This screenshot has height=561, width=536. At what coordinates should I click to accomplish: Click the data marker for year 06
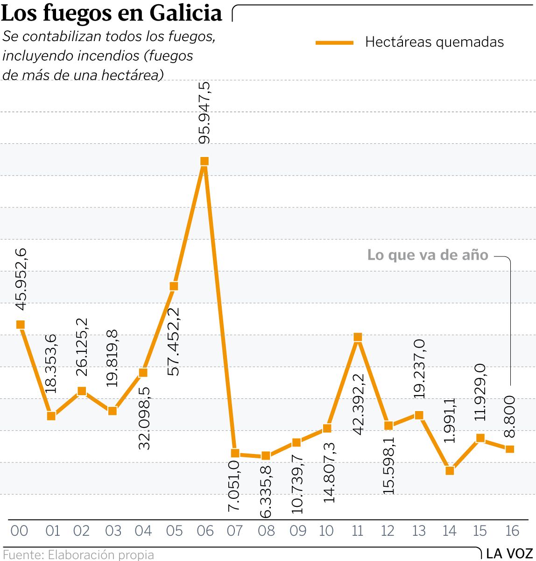tap(204, 161)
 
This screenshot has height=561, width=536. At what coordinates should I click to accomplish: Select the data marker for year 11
tap(358, 337)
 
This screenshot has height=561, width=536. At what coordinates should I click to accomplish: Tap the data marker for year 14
tap(450, 470)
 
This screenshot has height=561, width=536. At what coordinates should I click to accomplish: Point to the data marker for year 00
tap(20, 325)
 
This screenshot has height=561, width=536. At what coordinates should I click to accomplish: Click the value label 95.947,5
tap(205, 113)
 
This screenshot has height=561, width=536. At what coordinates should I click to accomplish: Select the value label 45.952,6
tap(21, 279)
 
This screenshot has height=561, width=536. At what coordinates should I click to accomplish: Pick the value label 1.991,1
tap(450, 420)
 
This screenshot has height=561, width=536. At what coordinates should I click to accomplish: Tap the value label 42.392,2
tap(358, 404)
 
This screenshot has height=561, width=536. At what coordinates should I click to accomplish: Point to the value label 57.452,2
tap(174, 341)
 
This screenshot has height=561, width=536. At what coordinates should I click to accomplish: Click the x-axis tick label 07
tap(235, 531)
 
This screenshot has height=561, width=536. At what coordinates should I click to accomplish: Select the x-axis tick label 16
tap(512, 531)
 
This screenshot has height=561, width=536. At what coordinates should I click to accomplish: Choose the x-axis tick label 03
tap(113, 531)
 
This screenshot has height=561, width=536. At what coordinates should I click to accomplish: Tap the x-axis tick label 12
tap(388, 531)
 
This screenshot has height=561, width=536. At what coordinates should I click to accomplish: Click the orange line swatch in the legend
tap(334, 43)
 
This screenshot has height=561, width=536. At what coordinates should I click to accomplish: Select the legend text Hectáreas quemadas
tap(434, 42)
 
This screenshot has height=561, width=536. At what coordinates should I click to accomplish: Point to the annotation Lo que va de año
tap(428, 255)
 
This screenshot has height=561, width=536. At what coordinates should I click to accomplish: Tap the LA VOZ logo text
tap(509, 554)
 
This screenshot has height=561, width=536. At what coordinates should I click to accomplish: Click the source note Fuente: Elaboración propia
tap(78, 554)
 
